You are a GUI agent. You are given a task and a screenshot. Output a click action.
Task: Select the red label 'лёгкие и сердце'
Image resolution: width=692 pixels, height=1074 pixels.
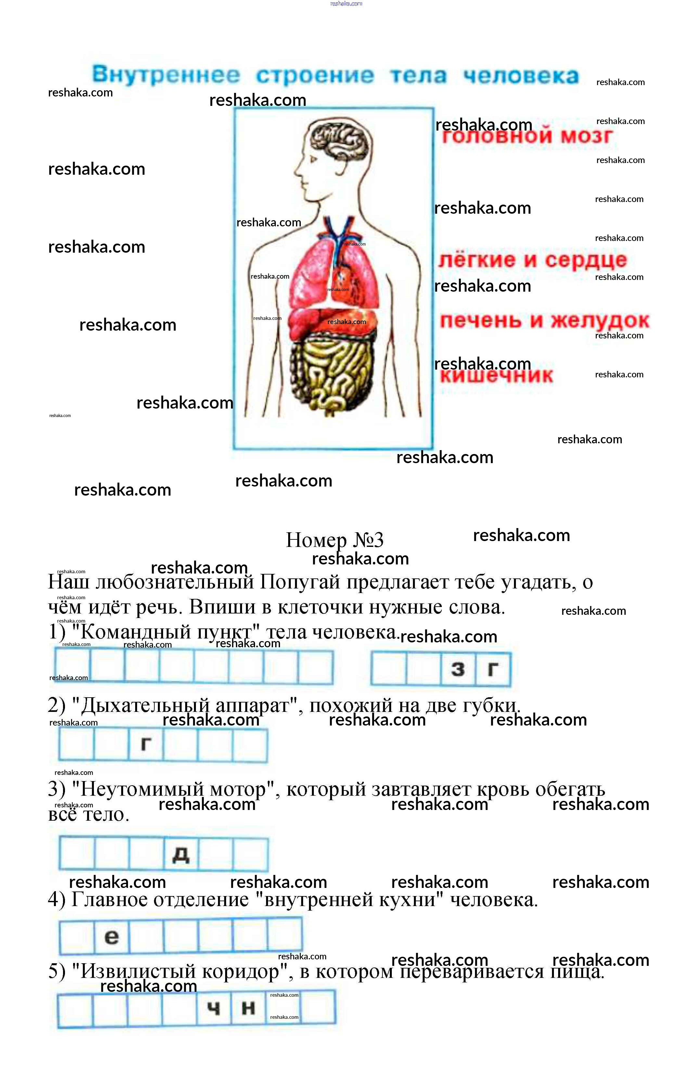click(532, 259)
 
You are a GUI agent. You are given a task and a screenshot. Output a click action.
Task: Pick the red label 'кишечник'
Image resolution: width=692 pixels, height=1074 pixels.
click(496, 375)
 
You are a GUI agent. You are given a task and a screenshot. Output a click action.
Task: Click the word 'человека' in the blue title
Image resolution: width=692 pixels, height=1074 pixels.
click(521, 75)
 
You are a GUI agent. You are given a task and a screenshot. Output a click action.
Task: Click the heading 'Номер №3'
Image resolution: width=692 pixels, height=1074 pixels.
click(335, 539)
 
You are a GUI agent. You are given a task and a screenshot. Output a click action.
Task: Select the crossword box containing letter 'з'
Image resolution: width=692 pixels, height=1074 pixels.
click(458, 669)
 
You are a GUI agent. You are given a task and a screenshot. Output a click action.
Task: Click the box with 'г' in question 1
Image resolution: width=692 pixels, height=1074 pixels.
click(493, 669)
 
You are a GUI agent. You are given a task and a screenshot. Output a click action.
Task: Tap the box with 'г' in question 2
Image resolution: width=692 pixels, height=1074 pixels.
click(146, 744)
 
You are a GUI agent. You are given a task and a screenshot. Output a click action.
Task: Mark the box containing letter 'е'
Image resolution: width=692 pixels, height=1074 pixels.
click(112, 936)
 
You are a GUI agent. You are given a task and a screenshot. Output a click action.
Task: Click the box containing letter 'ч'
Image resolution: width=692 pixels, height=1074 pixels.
click(214, 1009)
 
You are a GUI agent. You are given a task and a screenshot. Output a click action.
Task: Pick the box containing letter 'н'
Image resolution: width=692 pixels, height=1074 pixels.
click(249, 1009)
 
